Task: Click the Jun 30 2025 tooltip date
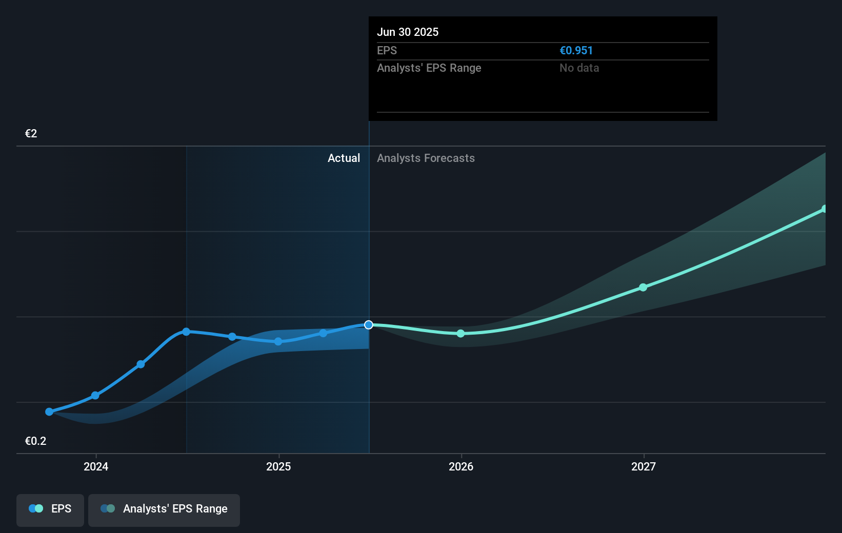pyautogui.click(x=408, y=32)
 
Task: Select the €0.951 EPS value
pyautogui.click(x=576, y=50)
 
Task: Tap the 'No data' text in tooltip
pyautogui.click(x=579, y=68)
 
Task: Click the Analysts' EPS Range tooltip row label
pyautogui.click(x=429, y=68)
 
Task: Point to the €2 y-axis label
pyautogui.click(x=31, y=133)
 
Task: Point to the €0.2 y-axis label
pyautogui.click(x=35, y=441)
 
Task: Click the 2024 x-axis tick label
pyautogui.click(x=96, y=466)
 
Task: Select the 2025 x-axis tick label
pyautogui.click(x=278, y=466)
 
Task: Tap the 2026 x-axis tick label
pyautogui.click(x=461, y=466)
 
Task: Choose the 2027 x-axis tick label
pyautogui.click(x=644, y=466)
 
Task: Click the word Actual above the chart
pyautogui.click(x=344, y=158)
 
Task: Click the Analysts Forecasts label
pyautogui.click(x=426, y=158)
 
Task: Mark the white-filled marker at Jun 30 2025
pyautogui.click(x=369, y=325)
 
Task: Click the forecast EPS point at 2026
pyautogui.click(x=460, y=334)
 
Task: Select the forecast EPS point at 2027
pyautogui.click(x=643, y=288)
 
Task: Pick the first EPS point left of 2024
pyautogui.click(x=49, y=412)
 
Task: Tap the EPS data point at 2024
pyautogui.click(x=95, y=396)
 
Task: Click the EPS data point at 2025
pyautogui.click(x=278, y=341)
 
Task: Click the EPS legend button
pyautogui.click(x=50, y=509)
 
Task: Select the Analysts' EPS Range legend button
pyautogui.click(x=164, y=509)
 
